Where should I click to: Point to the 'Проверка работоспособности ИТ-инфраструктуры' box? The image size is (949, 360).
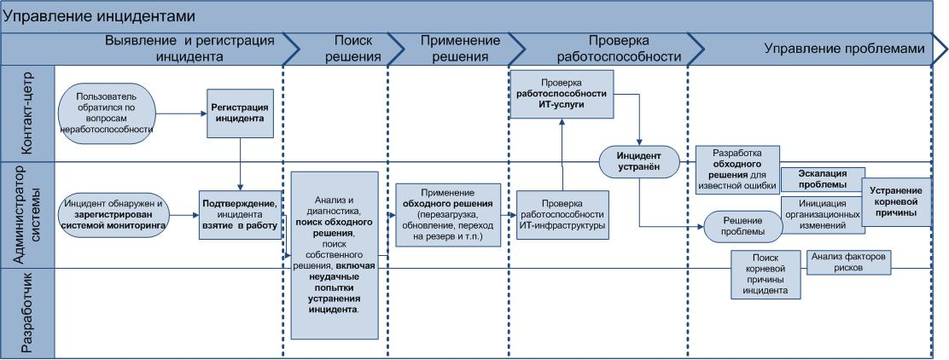[562, 214]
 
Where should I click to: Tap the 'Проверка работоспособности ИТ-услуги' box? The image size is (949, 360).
[562, 96]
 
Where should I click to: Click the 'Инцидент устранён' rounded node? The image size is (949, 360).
[638, 160]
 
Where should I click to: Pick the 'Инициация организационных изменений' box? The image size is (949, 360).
[823, 215]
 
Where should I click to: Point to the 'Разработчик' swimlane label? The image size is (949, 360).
[27, 312]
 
